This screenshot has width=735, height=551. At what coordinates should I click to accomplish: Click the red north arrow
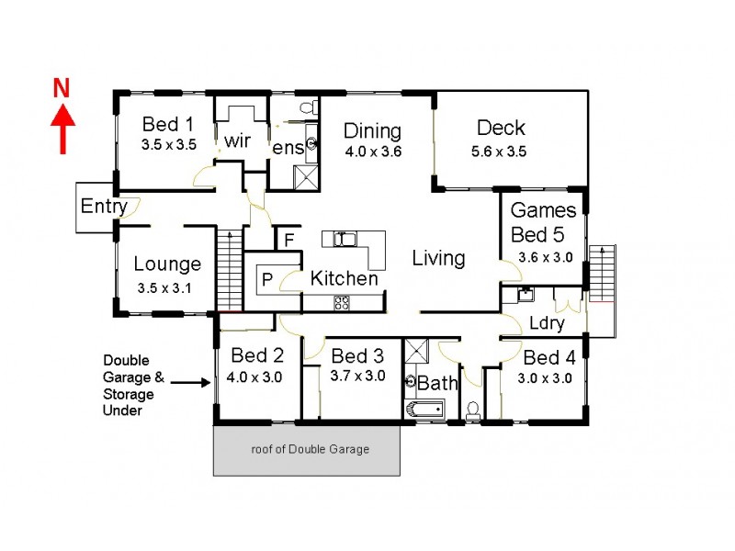[x=62, y=129]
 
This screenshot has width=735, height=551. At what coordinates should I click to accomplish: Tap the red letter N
[x=62, y=88]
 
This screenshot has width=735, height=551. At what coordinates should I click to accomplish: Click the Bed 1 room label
[x=168, y=125]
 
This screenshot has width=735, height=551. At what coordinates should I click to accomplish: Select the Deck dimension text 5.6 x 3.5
[x=500, y=152]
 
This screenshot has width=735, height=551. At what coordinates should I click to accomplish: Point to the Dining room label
[x=373, y=129]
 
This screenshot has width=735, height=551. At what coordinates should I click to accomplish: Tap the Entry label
[x=103, y=207]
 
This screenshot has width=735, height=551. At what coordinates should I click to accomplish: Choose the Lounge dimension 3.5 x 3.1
[x=166, y=287]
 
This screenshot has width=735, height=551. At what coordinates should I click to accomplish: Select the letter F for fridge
[x=288, y=242]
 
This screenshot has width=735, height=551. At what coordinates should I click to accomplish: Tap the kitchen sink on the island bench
[x=345, y=240]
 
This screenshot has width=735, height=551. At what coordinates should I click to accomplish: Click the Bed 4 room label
[x=548, y=355]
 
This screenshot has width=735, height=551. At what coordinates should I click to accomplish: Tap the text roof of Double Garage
[x=310, y=450]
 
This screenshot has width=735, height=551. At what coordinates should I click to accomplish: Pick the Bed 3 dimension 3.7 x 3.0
[x=357, y=376]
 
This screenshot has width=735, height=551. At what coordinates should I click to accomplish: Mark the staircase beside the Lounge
[x=226, y=272]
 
